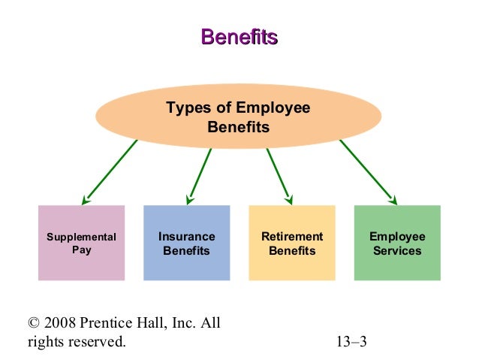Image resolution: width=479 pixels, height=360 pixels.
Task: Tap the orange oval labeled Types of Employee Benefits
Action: [239, 117]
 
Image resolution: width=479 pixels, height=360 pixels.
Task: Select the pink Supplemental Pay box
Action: [81, 243]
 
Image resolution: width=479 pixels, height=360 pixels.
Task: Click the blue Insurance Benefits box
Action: [186, 243]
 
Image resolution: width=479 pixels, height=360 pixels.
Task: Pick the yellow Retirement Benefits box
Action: [291, 243]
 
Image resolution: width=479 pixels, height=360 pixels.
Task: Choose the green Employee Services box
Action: [397, 243]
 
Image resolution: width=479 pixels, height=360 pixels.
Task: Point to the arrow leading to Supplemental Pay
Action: [110, 172]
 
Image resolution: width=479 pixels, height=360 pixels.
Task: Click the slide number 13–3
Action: [351, 343]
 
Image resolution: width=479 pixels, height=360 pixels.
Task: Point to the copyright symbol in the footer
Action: [33, 324]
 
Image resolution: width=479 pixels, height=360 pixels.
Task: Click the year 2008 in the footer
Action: [61, 324]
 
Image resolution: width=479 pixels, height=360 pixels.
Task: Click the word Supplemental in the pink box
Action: [81, 237]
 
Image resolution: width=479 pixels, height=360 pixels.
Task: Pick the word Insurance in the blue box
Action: [186, 237]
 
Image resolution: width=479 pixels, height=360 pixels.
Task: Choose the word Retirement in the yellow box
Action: [291, 237]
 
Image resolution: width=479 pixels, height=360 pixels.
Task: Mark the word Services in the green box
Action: [397, 250]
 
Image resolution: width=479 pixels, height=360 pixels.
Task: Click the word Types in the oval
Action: [185, 108]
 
